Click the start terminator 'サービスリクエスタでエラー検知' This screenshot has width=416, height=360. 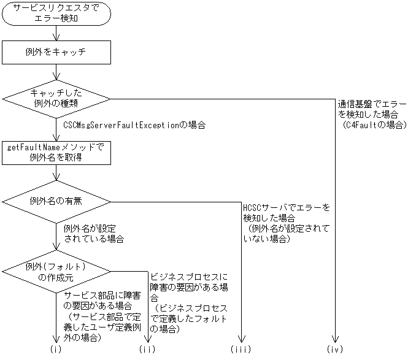56,14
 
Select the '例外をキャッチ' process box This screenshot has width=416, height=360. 56,52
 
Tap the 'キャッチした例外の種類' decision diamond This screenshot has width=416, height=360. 56,98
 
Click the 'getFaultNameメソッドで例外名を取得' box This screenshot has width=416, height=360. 56,152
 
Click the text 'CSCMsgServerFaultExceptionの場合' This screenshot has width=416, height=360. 134,124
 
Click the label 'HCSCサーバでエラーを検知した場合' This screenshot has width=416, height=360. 287,212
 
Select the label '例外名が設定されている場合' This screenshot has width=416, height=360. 94,233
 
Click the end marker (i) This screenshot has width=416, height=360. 56,349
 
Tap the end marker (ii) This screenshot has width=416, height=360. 147,349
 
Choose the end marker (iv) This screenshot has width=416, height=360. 335,349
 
